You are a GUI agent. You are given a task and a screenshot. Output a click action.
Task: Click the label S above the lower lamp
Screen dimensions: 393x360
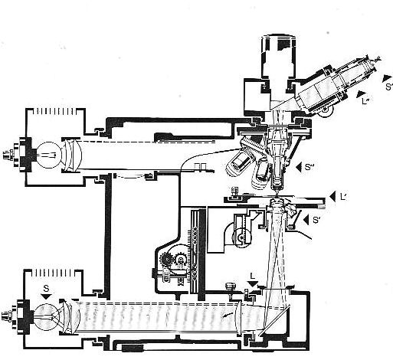click(x=46, y=289)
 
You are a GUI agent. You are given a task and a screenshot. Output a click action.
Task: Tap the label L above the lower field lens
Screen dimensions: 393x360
click(x=253, y=276)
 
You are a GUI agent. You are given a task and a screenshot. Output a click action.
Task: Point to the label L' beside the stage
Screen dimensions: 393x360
click(x=343, y=197)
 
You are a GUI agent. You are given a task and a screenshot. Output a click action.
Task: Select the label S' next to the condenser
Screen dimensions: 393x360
click(x=316, y=220)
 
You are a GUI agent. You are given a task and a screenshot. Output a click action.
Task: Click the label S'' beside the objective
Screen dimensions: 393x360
click(x=309, y=167)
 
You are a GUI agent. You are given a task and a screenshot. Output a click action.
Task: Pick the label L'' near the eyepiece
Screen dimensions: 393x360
click(x=366, y=101)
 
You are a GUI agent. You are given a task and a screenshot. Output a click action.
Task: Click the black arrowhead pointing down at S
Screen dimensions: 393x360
click(x=46, y=296)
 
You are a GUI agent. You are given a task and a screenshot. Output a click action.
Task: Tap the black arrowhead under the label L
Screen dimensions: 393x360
click(x=253, y=283)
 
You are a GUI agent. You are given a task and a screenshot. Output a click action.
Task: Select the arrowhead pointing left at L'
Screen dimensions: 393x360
click(x=332, y=197)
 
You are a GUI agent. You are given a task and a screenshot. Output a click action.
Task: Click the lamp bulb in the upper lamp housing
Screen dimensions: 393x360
click(x=49, y=155)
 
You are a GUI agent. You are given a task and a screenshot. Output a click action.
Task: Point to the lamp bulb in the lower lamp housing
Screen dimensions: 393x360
click(x=47, y=316)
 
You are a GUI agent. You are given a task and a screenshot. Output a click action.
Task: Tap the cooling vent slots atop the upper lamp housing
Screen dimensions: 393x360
click(x=54, y=112)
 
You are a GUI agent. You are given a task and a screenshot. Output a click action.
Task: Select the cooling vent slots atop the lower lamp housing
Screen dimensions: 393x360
click(x=53, y=273)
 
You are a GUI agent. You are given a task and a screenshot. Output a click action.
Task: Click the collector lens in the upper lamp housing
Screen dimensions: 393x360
click(x=72, y=155)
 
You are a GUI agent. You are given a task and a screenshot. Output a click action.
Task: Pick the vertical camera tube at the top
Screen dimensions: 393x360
click(x=279, y=56)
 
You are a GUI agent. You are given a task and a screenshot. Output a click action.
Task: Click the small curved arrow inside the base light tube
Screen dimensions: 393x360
click(x=228, y=315)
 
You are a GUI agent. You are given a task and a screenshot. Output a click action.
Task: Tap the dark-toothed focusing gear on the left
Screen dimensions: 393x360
click(x=166, y=260)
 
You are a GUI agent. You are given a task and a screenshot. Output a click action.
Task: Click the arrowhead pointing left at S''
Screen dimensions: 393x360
click(x=300, y=167)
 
